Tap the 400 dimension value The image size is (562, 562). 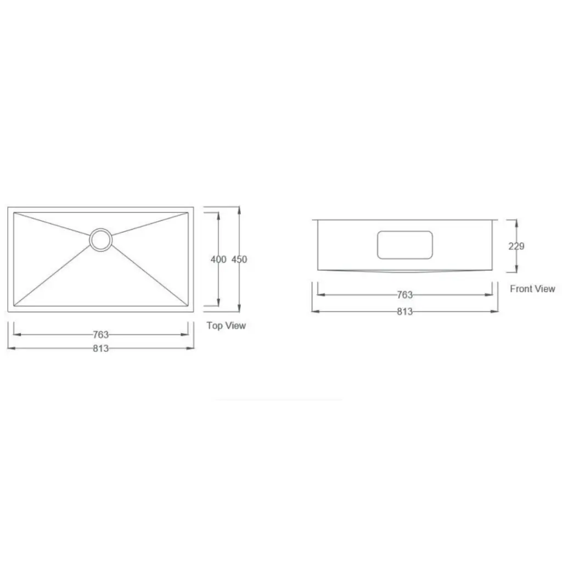pos(218,259)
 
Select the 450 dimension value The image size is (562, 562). pos(239,259)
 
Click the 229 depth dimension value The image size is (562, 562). pos(516,246)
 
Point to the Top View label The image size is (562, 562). pos(226,325)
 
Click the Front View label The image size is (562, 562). pos(532,289)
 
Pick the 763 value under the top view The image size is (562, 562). pos(101,334)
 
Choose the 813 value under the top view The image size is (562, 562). pos(101,348)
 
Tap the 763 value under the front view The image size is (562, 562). pos(404,295)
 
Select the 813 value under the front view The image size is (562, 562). pos(404,312)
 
